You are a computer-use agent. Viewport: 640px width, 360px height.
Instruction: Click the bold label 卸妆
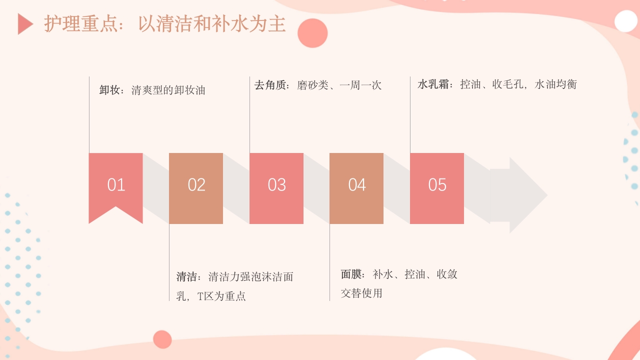(x=110, y=90)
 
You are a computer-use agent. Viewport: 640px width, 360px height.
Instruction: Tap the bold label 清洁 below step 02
(x=187, y=277)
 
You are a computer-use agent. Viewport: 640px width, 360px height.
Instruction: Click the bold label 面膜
(x=352, y=274)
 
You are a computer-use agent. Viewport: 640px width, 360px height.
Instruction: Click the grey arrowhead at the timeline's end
(x=525, y=195)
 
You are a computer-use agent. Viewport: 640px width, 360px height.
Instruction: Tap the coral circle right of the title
(x=312, y=33)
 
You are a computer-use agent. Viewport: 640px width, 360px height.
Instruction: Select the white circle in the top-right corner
(x=625, y=21)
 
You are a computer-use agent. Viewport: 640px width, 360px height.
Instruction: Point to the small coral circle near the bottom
(x=162, y=339)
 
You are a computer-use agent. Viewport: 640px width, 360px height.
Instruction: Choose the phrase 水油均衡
(x=556, y=84)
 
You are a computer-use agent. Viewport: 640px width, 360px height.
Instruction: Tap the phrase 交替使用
(x=361, y=293)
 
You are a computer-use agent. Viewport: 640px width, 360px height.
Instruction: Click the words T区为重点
(x=221, y=296)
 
